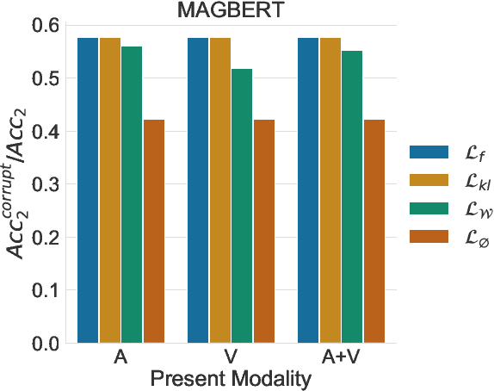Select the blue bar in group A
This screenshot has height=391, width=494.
[87, 190]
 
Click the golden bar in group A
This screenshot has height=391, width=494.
[109, 190]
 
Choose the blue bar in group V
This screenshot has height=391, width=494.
[198, 190]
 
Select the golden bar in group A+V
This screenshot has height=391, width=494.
[330, 190]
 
